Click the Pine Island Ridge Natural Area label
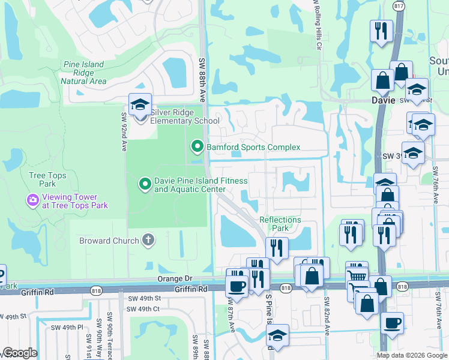pyautogui.click(x=84, y=73)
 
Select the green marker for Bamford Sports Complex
pyautogui.click(x=197, y=146)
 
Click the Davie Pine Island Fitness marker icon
pyautogui.click(x=145, y=184)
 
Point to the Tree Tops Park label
pyautogui.click(x=43, y=179)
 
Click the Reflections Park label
pyautogui.click(x=280, y=224)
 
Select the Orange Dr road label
pyautogui.click(x=175, y=278)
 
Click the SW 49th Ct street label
pyautogui.click(x=143, y=309)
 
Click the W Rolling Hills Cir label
pyautogui.click(x=316, y=24)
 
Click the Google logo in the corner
pyautogui.click(x=19, y=353)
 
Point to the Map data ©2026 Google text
pyautogui.click(x=412, y=355)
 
